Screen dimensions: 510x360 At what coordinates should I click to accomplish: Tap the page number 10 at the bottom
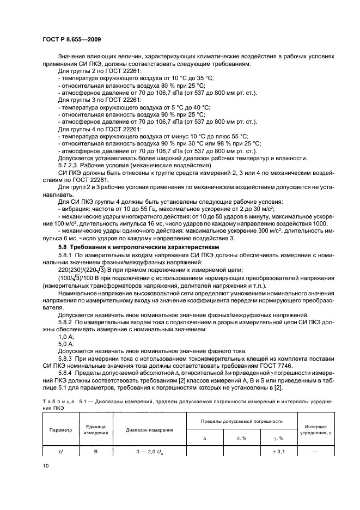(x=45, y=465)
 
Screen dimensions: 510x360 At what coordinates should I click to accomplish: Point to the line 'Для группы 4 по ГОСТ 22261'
(x=91, y=130)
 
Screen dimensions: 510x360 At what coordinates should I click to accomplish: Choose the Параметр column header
(x=60, y=430)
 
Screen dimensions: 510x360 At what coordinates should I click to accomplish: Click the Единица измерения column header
(x=95, y=430)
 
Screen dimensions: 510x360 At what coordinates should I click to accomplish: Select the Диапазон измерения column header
(x=150, y=430)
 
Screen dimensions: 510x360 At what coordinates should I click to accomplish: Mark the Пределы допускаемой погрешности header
(x=241, y=421)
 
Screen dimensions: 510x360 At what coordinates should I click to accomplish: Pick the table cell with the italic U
(x=60, y=451)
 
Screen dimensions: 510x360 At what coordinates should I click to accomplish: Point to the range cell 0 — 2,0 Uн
(x=150, y=451)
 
